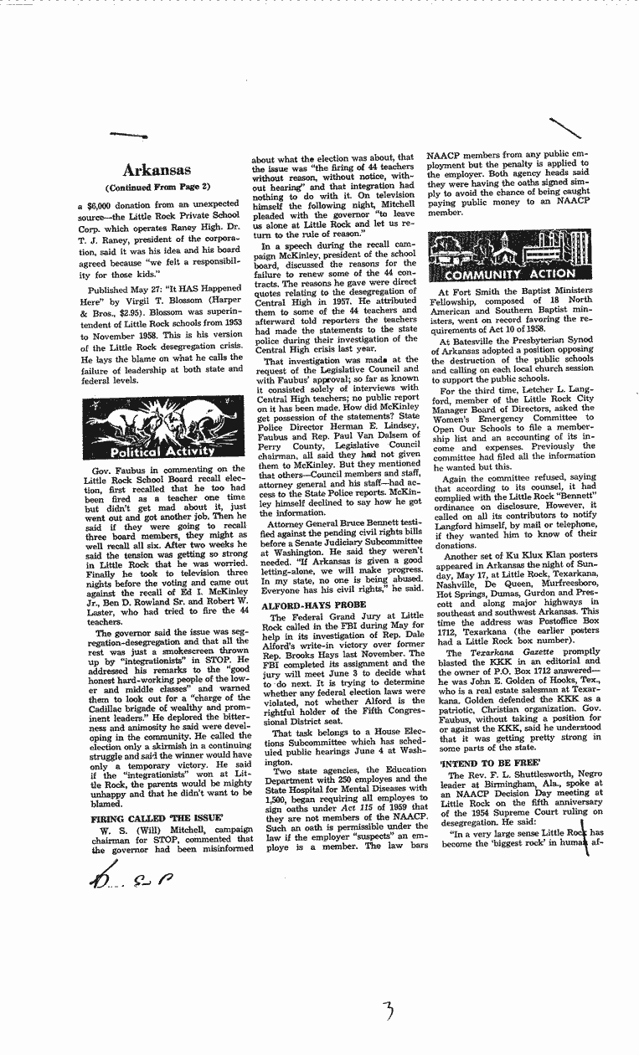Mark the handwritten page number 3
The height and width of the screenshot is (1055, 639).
386,1011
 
